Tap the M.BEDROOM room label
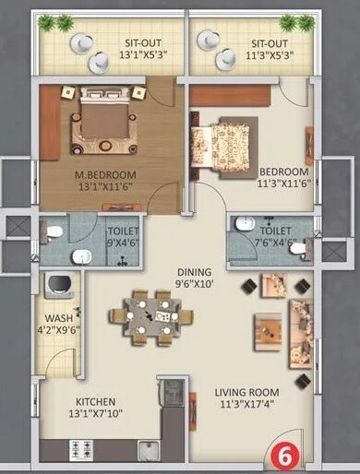(105, 174)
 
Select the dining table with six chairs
(151, 316)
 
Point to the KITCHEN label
(95, 401)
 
